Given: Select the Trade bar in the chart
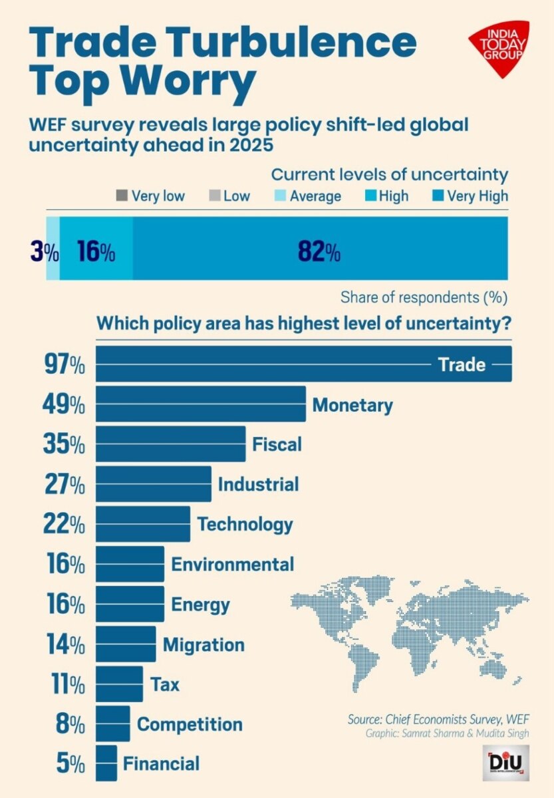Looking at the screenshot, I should point(266,364).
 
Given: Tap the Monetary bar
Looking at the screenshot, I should point(200,404).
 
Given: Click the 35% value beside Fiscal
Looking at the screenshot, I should point(64,444).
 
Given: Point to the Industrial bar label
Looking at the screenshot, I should point(258,484).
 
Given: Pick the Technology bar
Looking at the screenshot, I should point(143,524).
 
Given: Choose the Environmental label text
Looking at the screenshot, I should point(232,564).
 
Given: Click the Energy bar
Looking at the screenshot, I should point(130,604).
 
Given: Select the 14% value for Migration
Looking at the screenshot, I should point(65,644).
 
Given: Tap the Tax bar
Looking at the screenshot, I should point(119,684).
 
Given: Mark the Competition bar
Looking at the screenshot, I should point(113,724).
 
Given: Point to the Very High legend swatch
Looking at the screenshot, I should point(438,196).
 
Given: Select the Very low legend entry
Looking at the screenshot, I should point(150,196).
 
